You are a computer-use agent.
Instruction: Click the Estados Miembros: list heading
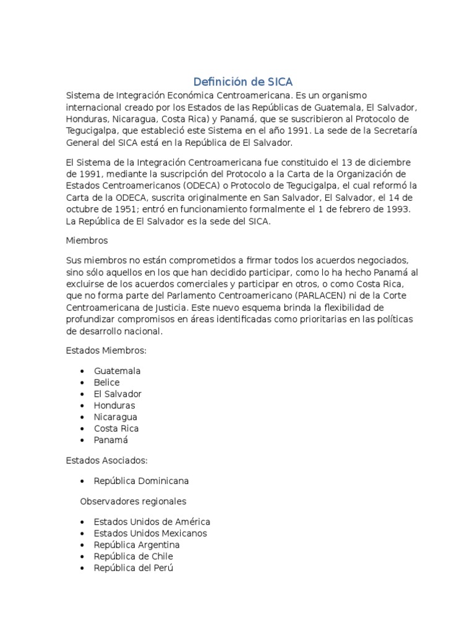[x=106, y=350]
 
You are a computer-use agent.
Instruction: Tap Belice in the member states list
[x=107, y=382]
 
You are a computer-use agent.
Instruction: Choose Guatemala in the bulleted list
[x=118, y=371]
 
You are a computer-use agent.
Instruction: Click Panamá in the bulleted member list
[x=111, y=440]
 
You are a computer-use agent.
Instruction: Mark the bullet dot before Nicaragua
[x=82, y=417]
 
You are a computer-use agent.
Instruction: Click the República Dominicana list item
[x=142, y=480]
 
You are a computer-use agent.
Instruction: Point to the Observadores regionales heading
[x=133, y=501]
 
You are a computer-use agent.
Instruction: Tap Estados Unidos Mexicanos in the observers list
[x=150, y=533]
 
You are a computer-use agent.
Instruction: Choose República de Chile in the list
[x=133, y=556]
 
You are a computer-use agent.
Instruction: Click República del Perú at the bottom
[x=134, y=567]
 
